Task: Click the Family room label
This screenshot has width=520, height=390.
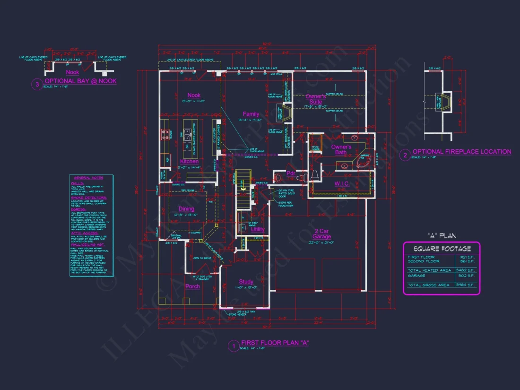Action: pyautogui.click(x=251, y=114)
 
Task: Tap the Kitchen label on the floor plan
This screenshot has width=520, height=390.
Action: pyautogui.click(x=189, y=162)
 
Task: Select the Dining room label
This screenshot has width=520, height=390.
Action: pyautogui.click(x=186, y=209)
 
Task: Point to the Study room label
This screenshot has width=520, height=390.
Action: pyautogui.click(x=246, y=282)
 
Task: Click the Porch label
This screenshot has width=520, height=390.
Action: pyautogui.click(x=192, y=286)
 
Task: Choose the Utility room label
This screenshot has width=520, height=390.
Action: pyautogui.click(x=258, y=229)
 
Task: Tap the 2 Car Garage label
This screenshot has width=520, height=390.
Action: pyautogui.click(x=321, y=234)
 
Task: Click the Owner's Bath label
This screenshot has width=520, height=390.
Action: pyautogui.click(x=341, y=149)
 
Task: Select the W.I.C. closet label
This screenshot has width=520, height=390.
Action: pyautogui.click(x=341, y=183)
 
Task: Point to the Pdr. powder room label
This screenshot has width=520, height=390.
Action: pyautogui.click(x=291, y=173)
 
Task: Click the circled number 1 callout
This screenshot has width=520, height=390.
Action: pyautogui.click(x=233, y=346)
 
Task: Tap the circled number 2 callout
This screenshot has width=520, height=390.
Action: pyautogui.click(x=405, y=155)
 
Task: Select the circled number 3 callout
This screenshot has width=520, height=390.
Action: pyautogui.click(x=37, y=85)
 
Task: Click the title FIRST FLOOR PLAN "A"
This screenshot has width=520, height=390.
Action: pyautogui.click(x=275, y=343)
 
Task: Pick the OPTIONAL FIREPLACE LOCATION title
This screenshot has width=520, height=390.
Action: pyautogui.click(x=462, y=152)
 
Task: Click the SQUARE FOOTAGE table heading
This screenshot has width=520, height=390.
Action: pyautogui.click(x=442, y=249)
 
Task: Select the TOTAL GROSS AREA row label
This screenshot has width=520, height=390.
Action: pyautogui.click(x=428, y=285)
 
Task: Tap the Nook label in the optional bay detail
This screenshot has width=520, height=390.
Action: pyautogui.click(x=72, y=72)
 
